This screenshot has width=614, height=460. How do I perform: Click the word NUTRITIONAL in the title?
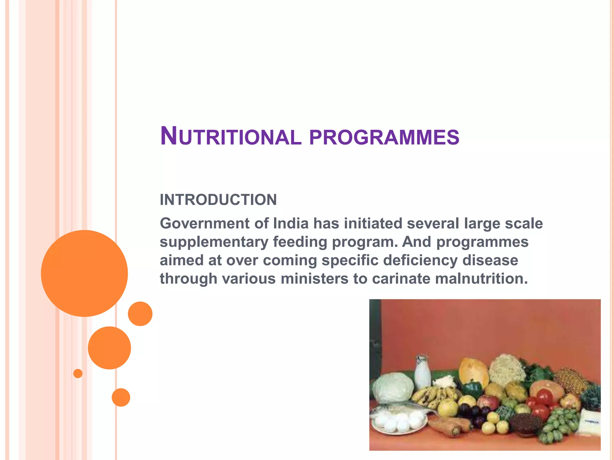(x=230, y=137)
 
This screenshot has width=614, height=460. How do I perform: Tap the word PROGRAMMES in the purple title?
(x=384, y=137)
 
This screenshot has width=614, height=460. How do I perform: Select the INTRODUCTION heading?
(x=218, y=200)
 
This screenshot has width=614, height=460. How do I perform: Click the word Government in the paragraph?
(x=204, y=224)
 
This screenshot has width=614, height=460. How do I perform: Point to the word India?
(x=291, y=223)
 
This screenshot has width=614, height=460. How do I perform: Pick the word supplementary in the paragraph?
(x=214, y=242)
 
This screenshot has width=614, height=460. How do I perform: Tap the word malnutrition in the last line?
(x=481, y=279)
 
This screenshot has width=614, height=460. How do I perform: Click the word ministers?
(x=314, y=279)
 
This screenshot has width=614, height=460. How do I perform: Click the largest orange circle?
(x=84, y=273)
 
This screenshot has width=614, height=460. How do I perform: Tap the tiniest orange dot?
(x=78, y=373)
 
